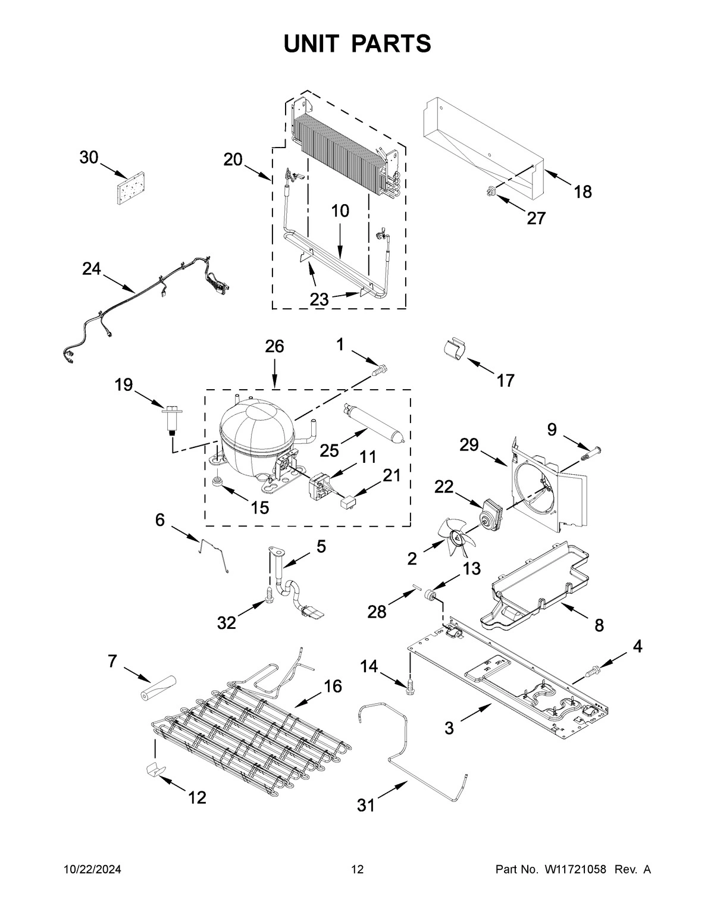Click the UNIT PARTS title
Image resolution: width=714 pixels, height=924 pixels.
(x=357, y=43)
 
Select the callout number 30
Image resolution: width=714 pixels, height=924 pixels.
(x=89, y=158)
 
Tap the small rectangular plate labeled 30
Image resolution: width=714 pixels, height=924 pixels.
(x=131, y=190)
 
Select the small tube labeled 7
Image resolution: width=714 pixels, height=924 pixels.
(x=159, y=688)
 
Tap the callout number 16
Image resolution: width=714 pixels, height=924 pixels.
(x=333, y=686)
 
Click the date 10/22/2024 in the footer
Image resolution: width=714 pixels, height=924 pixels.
(x=92, y=870)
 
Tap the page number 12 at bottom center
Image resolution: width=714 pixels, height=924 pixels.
(x=357, y=870)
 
